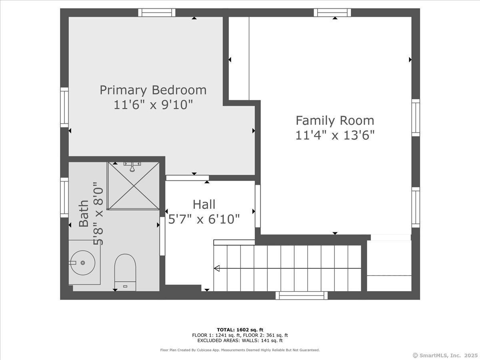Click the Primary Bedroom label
click(153, 90)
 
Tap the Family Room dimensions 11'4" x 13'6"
click(335, 135)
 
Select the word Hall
click(204, 204)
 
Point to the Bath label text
click(84, 213)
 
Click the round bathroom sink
click(83, 263)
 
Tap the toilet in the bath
click(125, 272)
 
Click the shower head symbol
click(132, 167)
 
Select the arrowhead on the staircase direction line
click(217, 268)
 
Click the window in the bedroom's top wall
click(157, 12)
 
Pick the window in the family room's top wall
click(332, 12)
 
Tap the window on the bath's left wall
click(64, 197)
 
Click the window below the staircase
click(302, 296)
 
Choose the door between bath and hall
click(162, 236)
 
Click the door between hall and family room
click(258, 206)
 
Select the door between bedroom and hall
click(188, 178)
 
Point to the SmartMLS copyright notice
click(445, 355)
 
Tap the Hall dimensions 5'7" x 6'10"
click(204, 219)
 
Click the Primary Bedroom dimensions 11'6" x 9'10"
click(153, 104)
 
